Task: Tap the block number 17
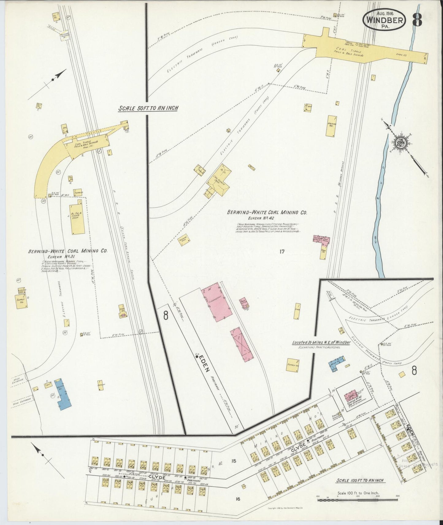click(282, 252)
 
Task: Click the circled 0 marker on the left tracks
click(141, 331)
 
